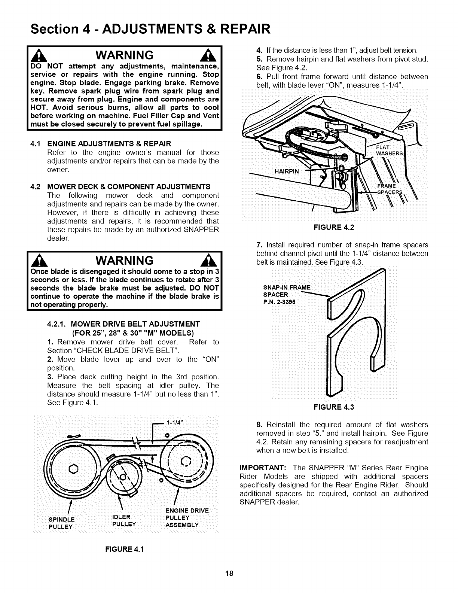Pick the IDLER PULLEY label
coord(124,520)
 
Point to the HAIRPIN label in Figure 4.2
coord(287,172)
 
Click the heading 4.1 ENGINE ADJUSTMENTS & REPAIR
coord(100,144)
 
